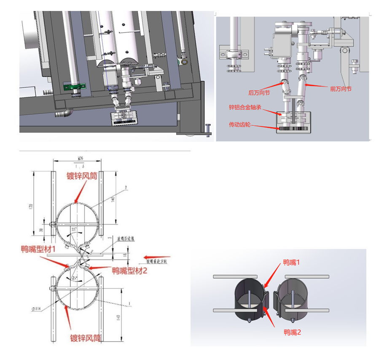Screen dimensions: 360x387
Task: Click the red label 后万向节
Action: point(259,92)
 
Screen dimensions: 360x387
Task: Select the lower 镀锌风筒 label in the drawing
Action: point(85,338)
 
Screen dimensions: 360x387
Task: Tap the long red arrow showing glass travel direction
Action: point(157,256)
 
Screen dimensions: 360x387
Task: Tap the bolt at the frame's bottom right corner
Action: point(208,129)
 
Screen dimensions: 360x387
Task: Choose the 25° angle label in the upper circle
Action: point(75,229)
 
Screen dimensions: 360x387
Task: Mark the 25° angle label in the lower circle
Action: point(75,278)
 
